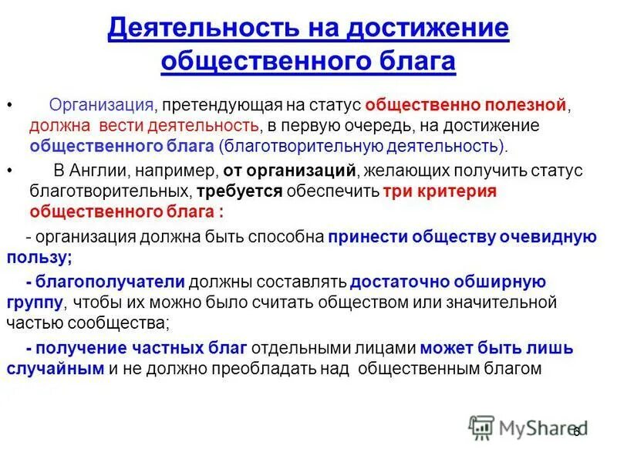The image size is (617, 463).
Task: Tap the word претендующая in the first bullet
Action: coord(217,105)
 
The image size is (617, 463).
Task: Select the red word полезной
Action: coord(527,105)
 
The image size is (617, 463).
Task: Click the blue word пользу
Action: coord(39,257)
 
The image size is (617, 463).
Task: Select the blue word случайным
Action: coord(56,369)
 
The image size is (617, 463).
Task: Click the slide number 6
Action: coord(576,433)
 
